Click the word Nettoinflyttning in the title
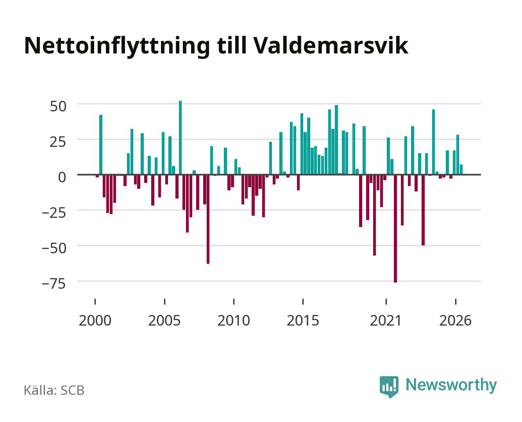coord(117,46)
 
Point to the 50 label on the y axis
coord(58,106)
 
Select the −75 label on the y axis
coord(54,284)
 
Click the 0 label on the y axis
coord(62,177)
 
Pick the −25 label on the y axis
coord(54,213)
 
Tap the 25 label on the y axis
coord(58,142)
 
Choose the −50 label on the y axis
coord(54,248)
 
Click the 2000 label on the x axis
coord(95,320)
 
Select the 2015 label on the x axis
coord(303,320)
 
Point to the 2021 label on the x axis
coord(386,320)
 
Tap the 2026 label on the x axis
coord(455,320)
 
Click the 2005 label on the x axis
coord(164,320)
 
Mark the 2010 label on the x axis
coord(234,320)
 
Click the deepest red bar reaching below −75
coord(395,229)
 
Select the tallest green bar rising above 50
coord(180,138)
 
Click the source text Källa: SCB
coord(54,390)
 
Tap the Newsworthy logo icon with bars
coord(389,387)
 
